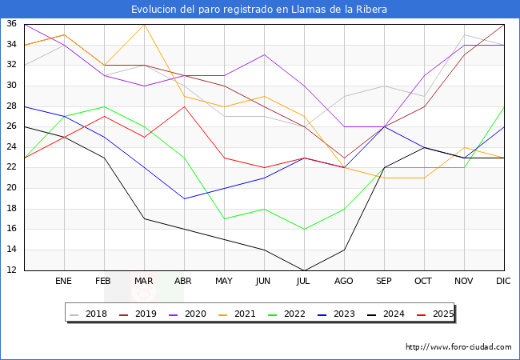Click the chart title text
coord(259,10)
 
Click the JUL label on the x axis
coord(304,282)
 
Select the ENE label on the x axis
coord(64,282)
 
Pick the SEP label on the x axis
coord(384,282)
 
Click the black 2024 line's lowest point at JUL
coord(304,270)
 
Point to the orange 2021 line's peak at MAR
coord(144,25)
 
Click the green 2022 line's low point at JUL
coord(304,230)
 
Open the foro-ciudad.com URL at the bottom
coord(458,347)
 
